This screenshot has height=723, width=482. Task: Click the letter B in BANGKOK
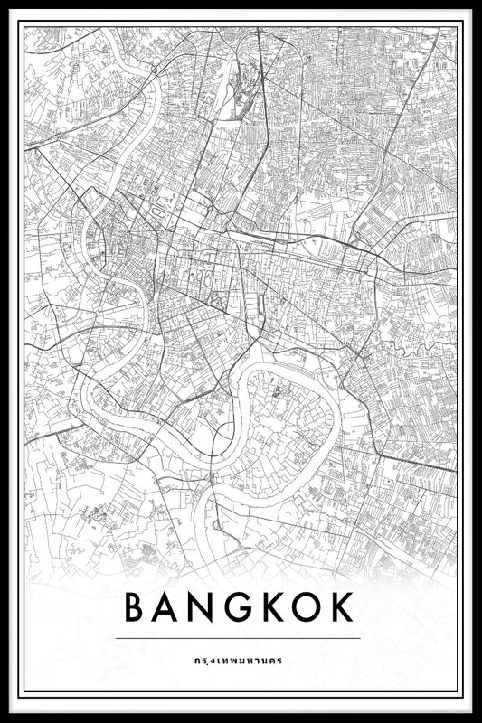coord(135,607)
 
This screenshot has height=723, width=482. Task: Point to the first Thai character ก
coord(197,660)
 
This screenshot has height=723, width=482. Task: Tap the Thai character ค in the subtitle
coord(272,660)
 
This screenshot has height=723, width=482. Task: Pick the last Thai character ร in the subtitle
coord(280,660)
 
